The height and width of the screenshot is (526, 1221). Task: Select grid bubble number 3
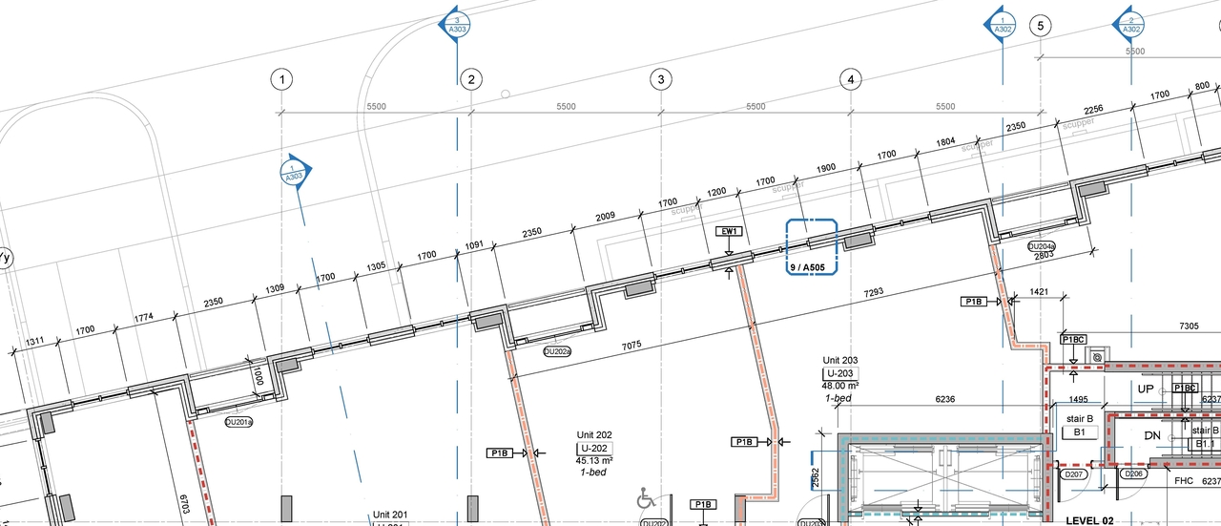click(x=660, y=79)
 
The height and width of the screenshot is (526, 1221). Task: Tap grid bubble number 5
click(x=1040, y=26)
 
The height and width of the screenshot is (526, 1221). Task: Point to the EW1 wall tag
click(x=729, y=232)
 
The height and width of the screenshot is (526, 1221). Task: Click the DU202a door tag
click(x=557, y=351)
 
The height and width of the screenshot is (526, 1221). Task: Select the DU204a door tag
click(x=1041, y=246)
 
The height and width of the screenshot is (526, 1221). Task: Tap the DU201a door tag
click(x=238, y=421)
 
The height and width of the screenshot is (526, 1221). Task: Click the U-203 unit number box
click(x=839, y=372)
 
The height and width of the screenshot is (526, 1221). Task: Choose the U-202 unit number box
click(x=592, y=448)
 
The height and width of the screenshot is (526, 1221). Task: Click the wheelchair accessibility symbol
click(x=647, y=498)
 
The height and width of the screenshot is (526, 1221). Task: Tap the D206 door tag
click(x=1134, y=474)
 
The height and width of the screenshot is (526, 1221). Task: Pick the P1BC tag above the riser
click(x=1073, y=340)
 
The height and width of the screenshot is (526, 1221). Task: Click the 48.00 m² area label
click(x=839, y=385)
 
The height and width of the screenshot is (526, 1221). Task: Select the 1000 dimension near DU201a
click(x=259, y=375)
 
